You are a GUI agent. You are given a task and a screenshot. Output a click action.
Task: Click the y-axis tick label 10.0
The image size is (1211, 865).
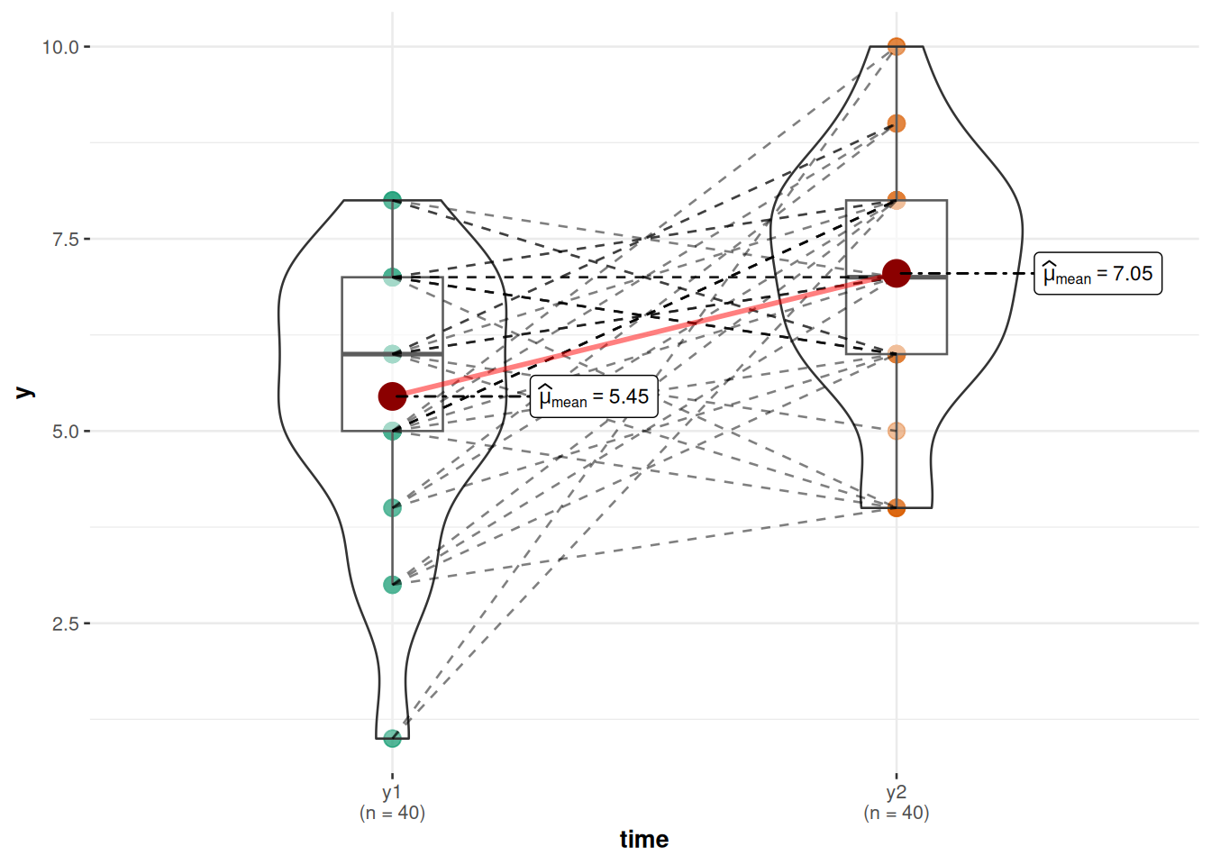pos(60,47)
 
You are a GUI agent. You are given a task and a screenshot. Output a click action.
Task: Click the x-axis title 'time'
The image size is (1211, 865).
pos(643,840)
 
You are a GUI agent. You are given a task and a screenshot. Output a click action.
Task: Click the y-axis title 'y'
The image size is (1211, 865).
pos(25,392)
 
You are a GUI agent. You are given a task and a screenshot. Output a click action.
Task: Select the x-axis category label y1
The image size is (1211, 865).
pos(392,793)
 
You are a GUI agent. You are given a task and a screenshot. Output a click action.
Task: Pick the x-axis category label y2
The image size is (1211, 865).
pos(896,793)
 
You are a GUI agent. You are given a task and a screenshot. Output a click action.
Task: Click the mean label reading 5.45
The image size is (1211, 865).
pos(594,397)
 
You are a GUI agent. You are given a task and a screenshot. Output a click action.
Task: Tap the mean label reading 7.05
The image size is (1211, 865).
pos(1097,274)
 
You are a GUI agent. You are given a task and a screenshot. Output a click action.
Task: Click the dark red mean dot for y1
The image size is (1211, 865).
pos(392,396)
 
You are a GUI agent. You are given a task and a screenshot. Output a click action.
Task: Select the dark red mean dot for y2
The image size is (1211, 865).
pos(896,273)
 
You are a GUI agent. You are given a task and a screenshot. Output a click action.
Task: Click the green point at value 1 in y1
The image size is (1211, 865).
pos(392,739)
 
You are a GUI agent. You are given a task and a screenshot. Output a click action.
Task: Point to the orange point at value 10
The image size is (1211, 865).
pos(896,46)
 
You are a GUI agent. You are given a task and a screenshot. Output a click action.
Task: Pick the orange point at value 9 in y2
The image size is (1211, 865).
pos(896,123)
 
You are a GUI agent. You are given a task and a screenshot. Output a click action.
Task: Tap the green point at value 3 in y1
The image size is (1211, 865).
pos(392,585)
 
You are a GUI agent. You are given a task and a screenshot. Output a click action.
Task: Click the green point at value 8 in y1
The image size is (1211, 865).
pos(392,200)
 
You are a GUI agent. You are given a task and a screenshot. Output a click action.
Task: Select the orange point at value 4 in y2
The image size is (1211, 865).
pos(896,508)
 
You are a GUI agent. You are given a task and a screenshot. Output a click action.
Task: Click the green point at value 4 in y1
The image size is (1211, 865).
pos(392,508)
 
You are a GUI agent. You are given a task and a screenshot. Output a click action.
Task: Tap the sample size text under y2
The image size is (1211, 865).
pos(896,814)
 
